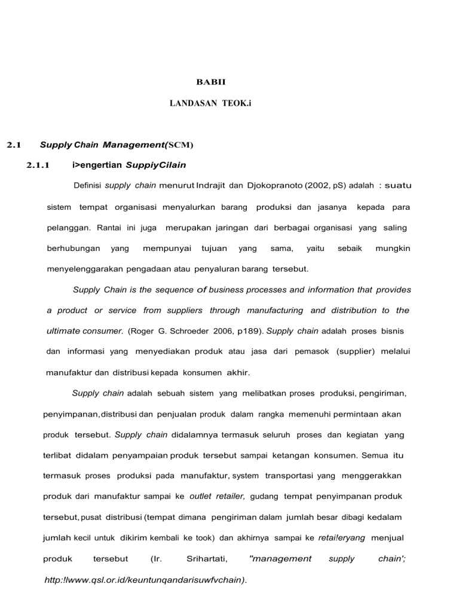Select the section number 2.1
[x=14, y=144]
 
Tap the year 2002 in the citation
[x=317, y=186]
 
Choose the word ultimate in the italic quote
[x=66, y=330]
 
